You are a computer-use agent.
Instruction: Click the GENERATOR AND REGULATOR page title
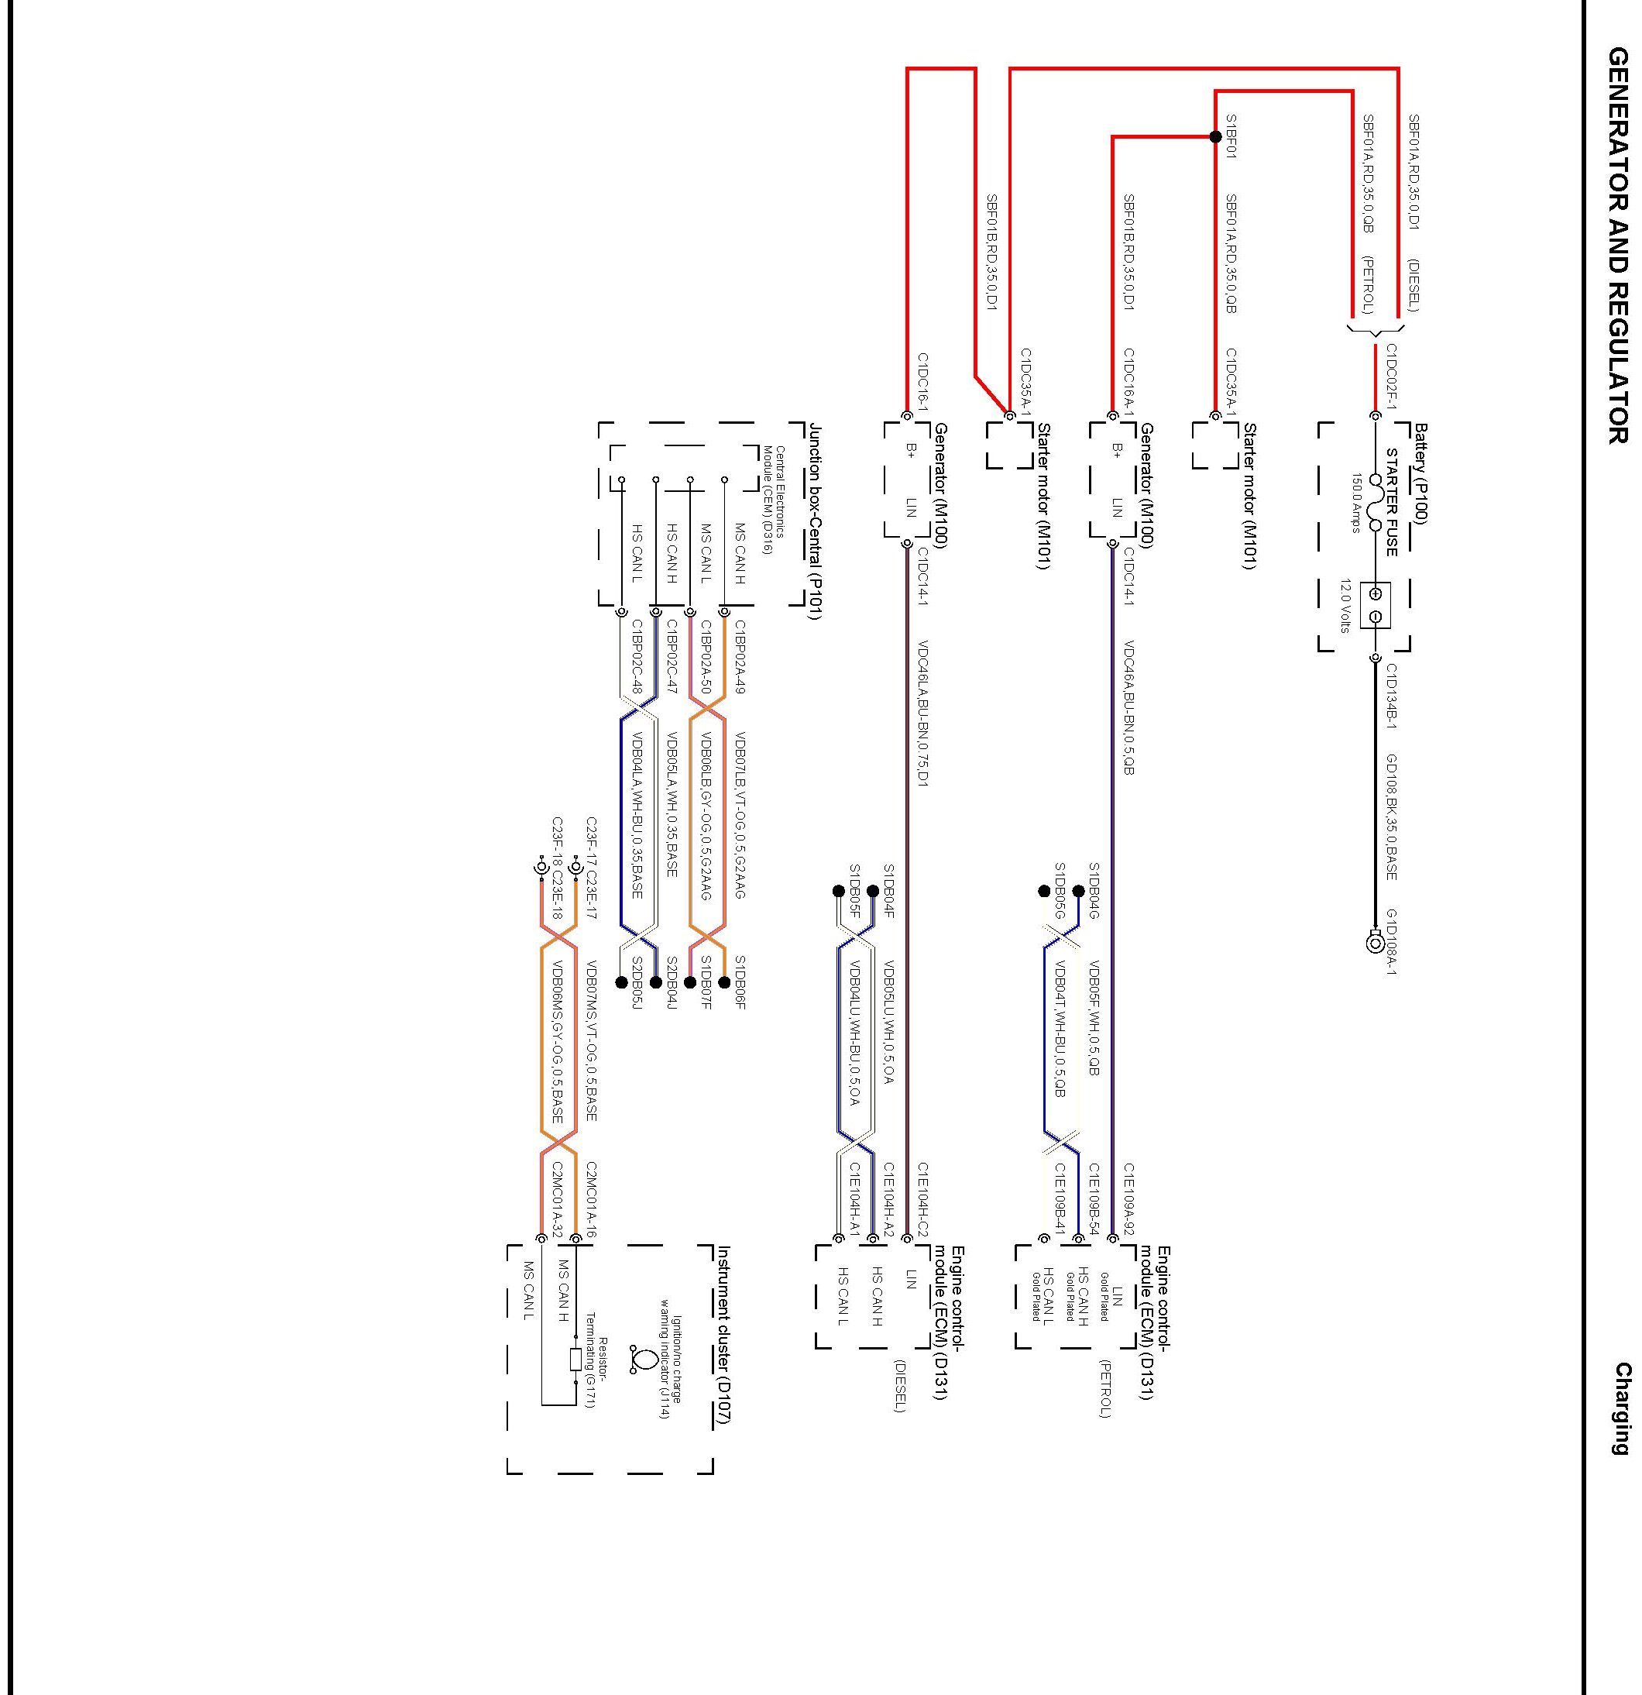pos(1618,246)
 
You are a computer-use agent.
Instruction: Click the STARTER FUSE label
pos(1392,501)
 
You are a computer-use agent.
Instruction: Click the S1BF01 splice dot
pos(1215,136)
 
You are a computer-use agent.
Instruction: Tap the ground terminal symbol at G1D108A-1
pos(1375,943)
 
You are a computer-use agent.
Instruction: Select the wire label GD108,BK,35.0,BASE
pos(1392,817)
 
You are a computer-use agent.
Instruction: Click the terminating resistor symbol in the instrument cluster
pos(576,1360)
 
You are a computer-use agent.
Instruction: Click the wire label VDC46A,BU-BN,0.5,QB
pos(1129,707)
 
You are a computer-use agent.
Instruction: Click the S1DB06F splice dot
pos(725,982)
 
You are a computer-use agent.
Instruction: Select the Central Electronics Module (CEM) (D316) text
pos(773,488)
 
